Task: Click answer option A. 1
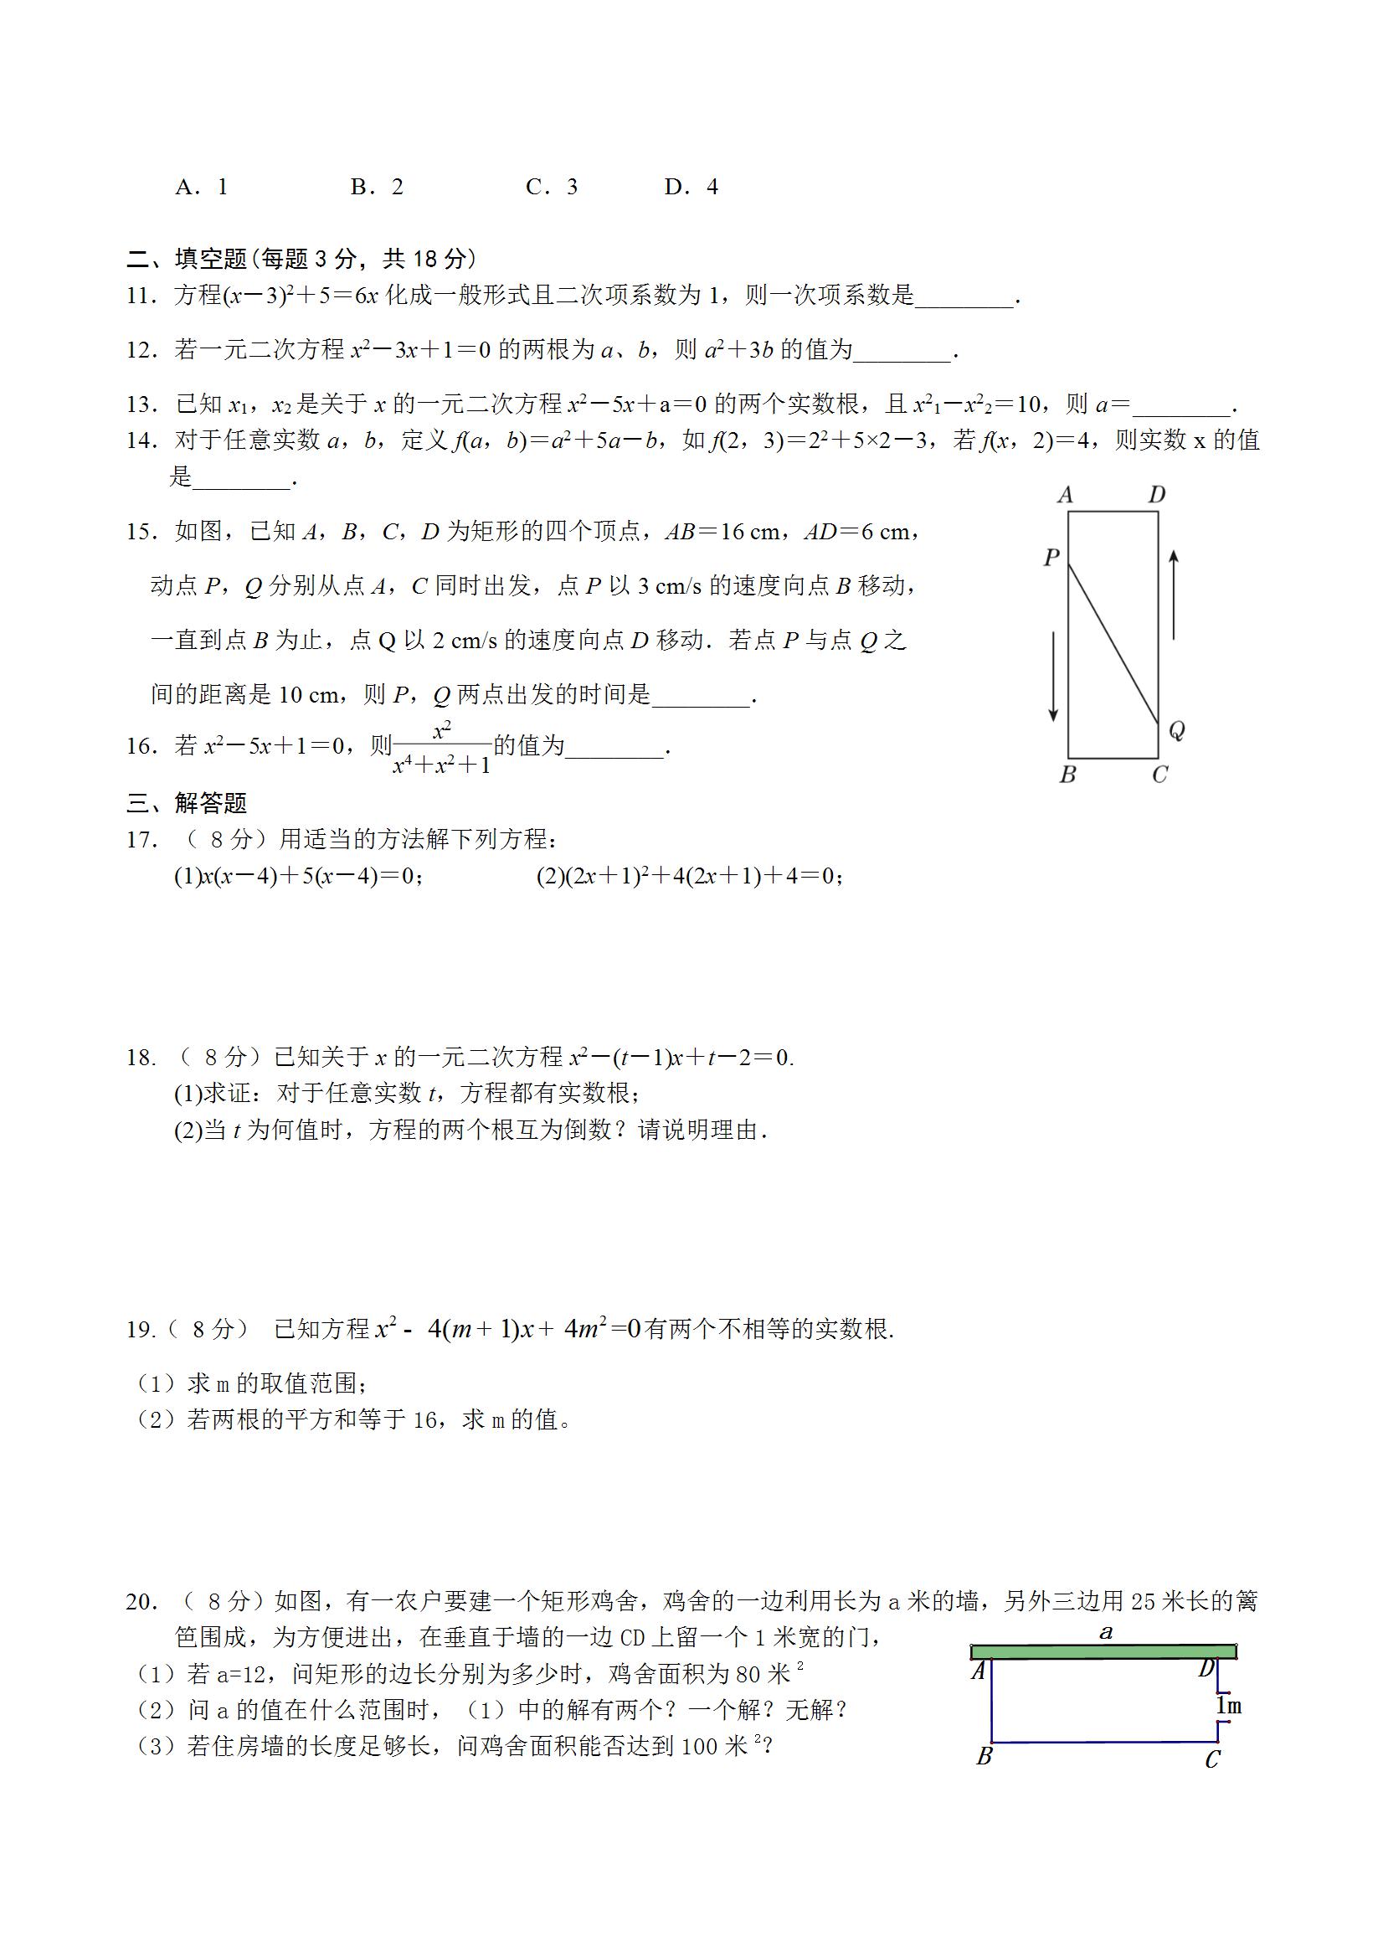(201, 187)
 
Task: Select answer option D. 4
(691, 187)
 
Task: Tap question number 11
(141, 296)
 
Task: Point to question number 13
(141, 404)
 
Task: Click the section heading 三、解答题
(187, 803)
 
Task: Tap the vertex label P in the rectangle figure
(1051, 558)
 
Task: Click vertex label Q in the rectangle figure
(1177, 730)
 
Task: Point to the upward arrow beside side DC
(1174, 594)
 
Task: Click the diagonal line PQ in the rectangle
(1113, 643)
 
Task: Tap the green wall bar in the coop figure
(1103, 1652)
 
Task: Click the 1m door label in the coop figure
(1229, 1705)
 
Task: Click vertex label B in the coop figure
(985, 1757)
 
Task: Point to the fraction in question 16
(441, 748)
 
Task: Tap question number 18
(141, 1058)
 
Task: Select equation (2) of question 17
(689, 876)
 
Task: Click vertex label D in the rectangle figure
(1156, 494)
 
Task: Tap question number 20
(141, 1602)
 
